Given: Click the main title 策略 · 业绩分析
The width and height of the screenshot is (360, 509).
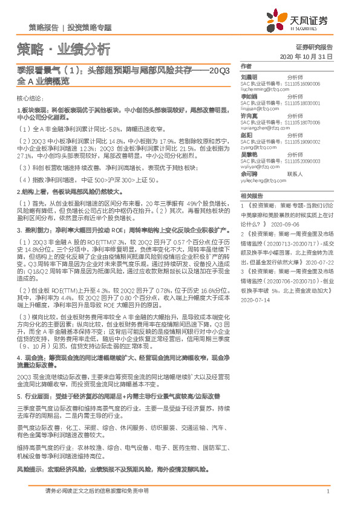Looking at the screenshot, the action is coord(64,49).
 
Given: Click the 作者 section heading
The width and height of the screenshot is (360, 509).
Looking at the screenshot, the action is coord(245,65).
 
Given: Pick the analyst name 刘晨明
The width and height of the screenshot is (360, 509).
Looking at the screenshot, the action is coord(249,77).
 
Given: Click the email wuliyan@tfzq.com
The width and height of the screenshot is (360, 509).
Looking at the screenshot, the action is coord(258,166).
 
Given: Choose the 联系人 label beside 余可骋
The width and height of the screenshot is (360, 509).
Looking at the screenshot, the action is coord(294,173).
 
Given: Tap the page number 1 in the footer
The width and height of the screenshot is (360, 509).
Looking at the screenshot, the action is coord(327,491).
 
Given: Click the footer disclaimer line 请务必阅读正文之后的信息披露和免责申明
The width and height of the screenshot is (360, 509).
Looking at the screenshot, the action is coord(97,491).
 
